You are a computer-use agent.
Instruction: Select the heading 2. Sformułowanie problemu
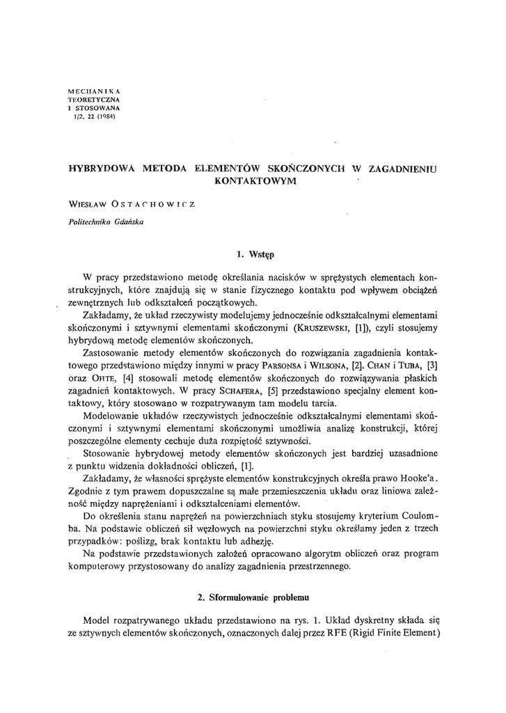click(253, 597)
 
